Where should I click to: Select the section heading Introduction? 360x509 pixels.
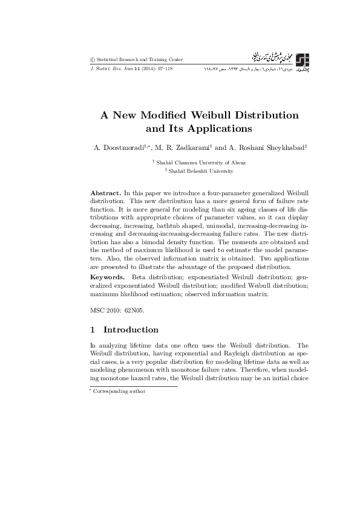131,330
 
